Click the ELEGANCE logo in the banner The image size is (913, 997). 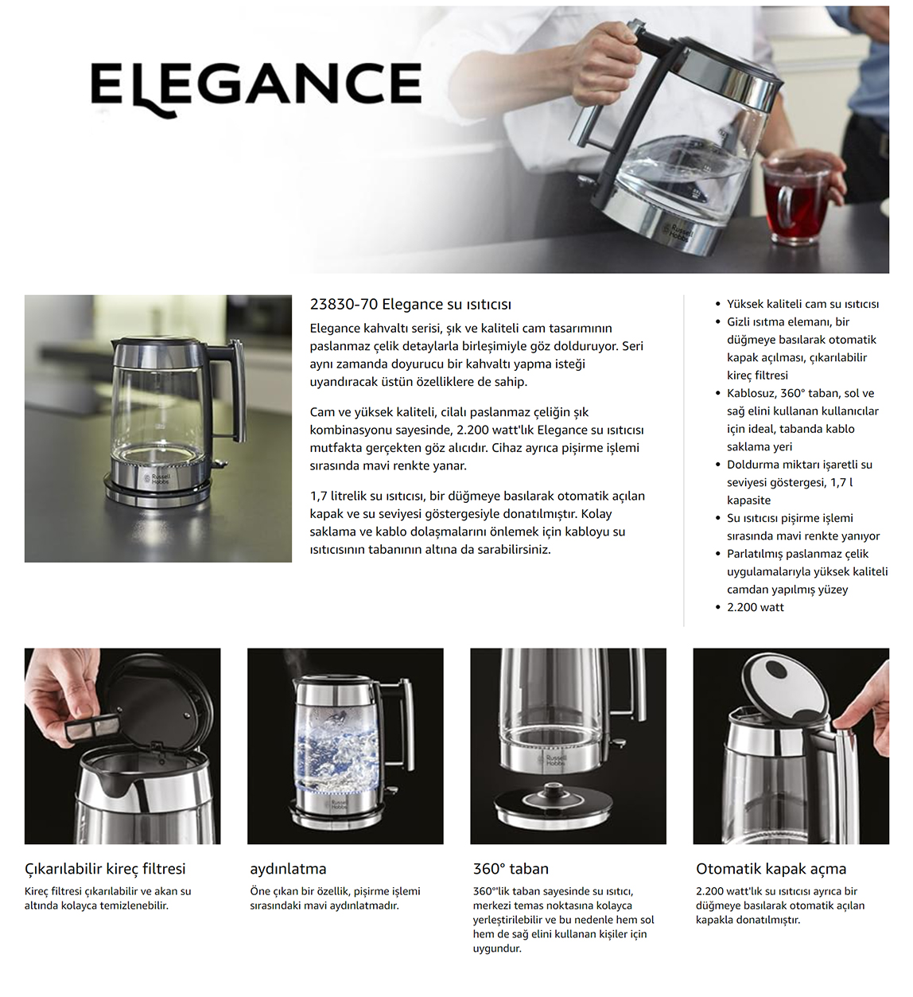[255, 86]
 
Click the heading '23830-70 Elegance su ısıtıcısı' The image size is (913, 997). [410, 304]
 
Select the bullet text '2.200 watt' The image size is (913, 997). [755, 607]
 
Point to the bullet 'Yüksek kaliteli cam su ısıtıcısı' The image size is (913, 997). [802, 304]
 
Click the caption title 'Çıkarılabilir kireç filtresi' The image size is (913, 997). [105, 869]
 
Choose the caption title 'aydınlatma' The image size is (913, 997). [288, 869]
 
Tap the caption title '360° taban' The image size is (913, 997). [511, 869]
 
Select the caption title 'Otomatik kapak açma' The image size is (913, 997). [771, 869]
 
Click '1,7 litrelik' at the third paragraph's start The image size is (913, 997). [342, 496]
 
